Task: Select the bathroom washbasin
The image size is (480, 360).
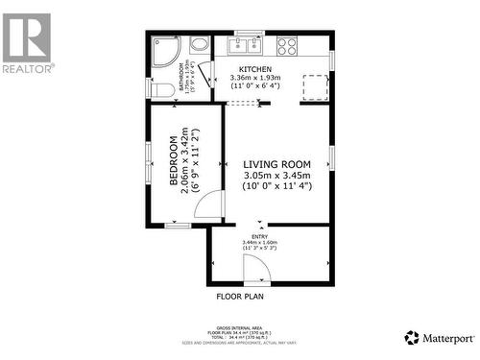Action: (200, 44)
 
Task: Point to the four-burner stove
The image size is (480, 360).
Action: (287, 44)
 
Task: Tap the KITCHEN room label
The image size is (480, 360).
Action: (255, 70)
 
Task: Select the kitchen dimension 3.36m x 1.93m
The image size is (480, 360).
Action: (255, 79)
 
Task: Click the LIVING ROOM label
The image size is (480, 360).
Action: (276, 164)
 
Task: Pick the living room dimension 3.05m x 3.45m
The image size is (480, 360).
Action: (276, 175)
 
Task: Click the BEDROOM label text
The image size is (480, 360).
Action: (175, 163)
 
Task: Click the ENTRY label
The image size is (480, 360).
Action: (260, 236)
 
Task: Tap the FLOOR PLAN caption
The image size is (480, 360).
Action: (240, 297)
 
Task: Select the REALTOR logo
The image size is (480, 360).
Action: (27, 43)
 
